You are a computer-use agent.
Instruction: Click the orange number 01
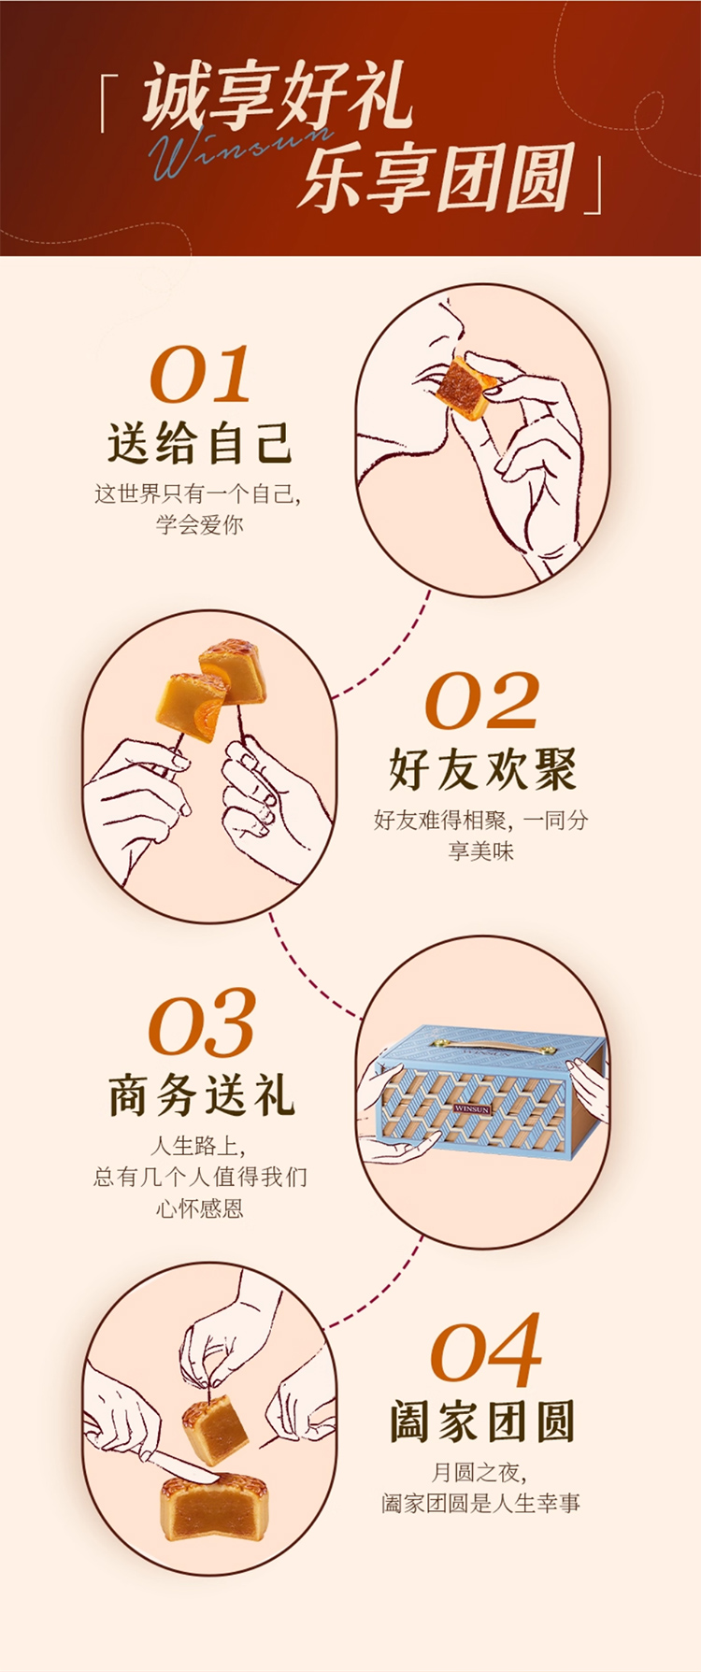[200, 374]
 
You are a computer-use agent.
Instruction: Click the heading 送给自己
[200, 443]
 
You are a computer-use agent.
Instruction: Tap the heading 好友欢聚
[482, 769]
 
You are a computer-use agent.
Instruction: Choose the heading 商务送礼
[202, 1095]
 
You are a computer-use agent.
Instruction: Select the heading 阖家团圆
[482, 1422]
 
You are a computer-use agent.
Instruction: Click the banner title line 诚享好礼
[278, 96]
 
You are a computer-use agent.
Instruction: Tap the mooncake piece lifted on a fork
[215, 1431]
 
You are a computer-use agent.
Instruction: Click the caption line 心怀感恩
[200, 1208]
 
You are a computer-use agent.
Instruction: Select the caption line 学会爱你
[200, 524]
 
